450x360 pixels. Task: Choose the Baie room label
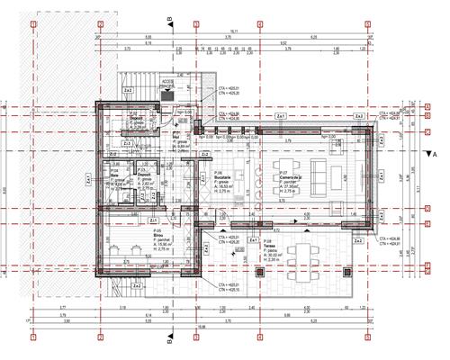coord(115,177)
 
